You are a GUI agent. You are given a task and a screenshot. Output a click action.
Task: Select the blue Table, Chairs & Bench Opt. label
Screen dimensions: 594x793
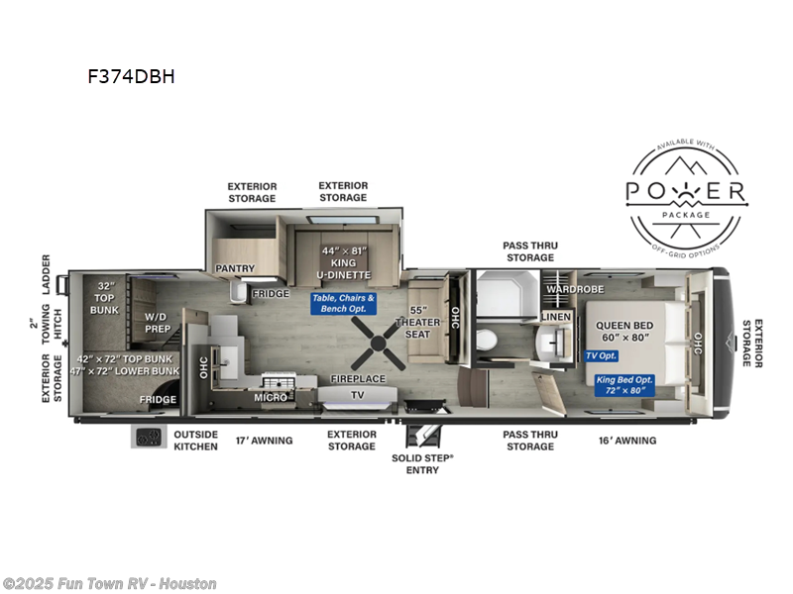pyautogui.click(x=343, y=303)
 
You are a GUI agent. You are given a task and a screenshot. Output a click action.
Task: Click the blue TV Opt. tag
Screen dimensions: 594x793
pyautogui.click(x=601, y=355)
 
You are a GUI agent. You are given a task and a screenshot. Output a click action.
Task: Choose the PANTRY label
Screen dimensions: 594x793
pyautogui.click(x=236, y=268)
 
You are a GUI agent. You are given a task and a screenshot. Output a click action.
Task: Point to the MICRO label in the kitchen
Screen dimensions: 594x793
pyautogui.click(x=270, y=397)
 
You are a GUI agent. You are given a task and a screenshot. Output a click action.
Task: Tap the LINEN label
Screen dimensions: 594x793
pyautogui.click(x=555, y=316)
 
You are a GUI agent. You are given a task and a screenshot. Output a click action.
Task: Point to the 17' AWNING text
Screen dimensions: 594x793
pyautogui.click(x=263, y=440)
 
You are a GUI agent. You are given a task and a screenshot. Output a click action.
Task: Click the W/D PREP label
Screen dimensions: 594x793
pyautogui.click(x=158, y=324)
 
